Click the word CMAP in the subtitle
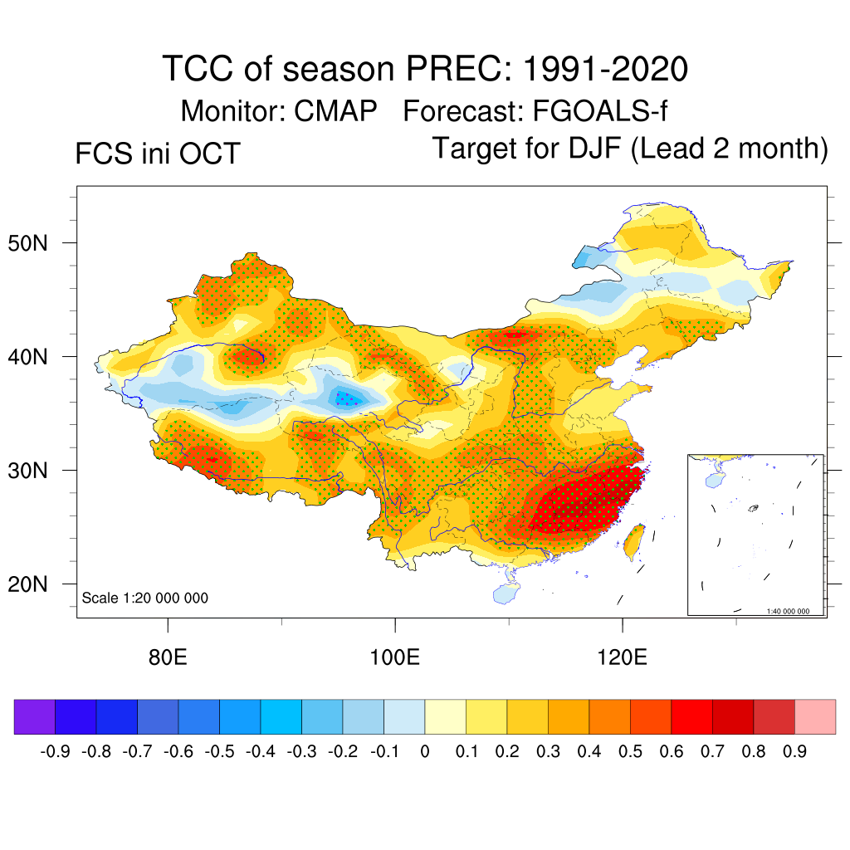(x=336, y=110)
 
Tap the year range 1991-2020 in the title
(x=604, y=69)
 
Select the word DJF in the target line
(x=586, y=149)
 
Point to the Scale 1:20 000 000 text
(x=145, y=598)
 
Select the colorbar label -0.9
(x=54, y=752)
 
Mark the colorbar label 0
(x=425, y=752)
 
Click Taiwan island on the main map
(x=635, y=540)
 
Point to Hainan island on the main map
(x=506, y=594)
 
